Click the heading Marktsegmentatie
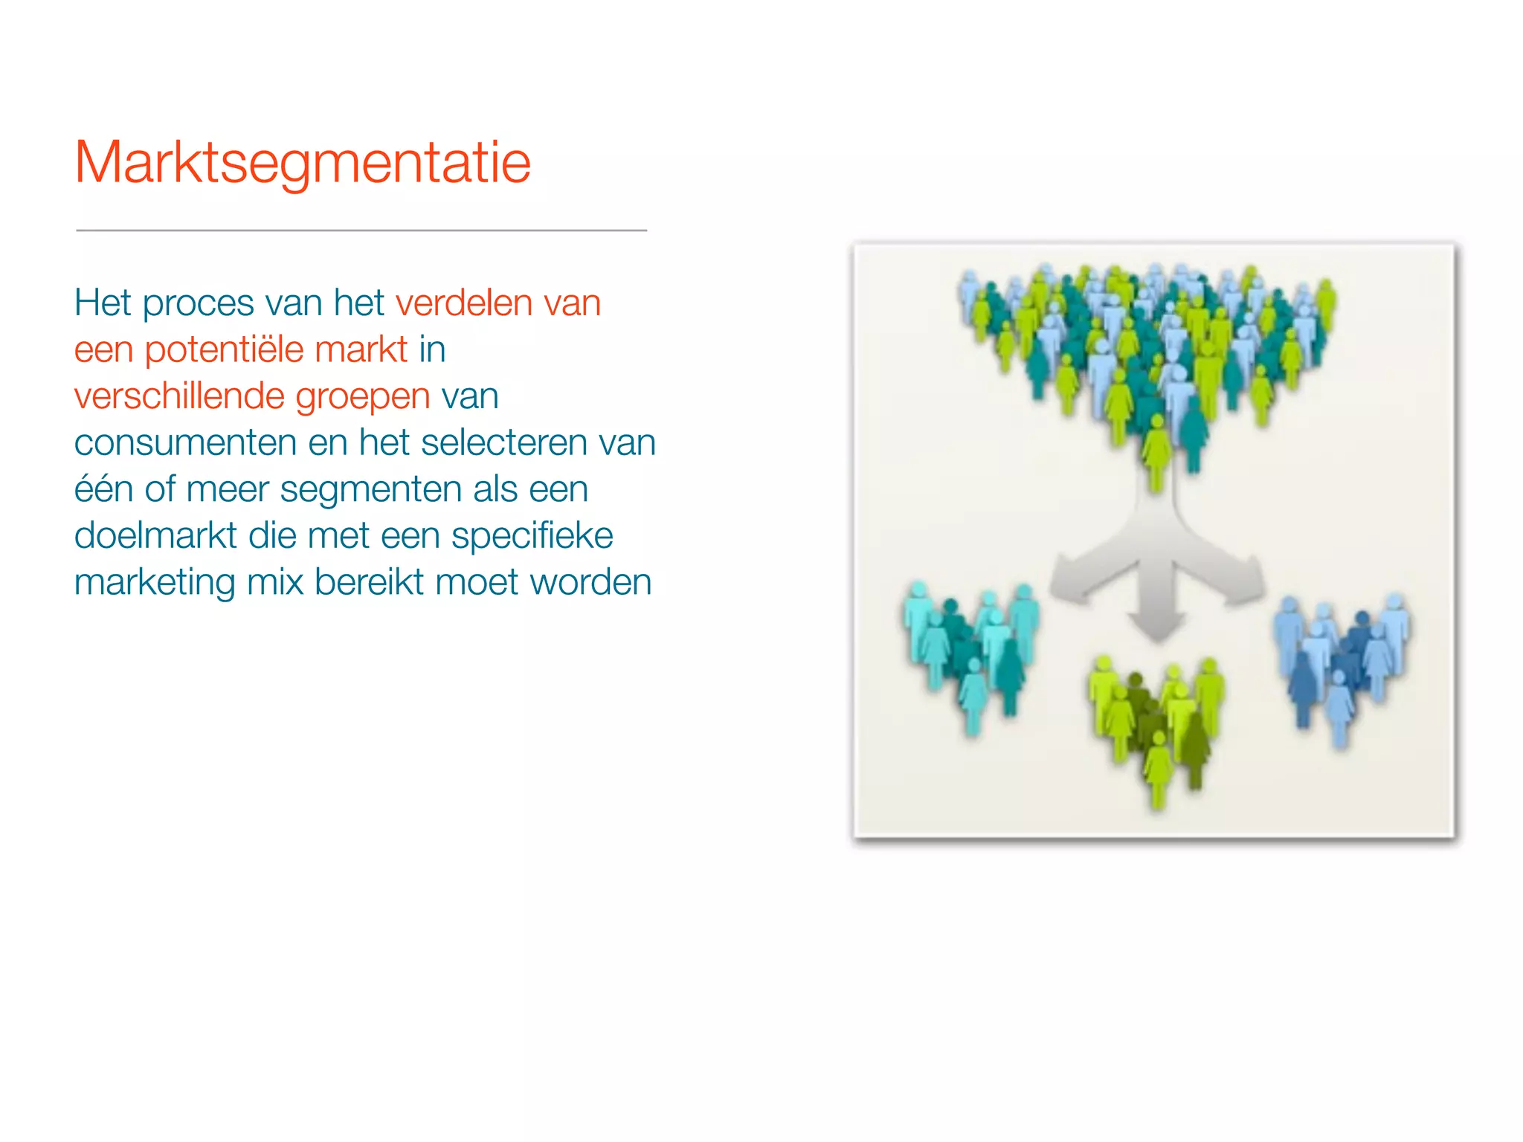(303, 164)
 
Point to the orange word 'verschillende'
(178, 396)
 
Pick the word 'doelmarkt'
(155, 536)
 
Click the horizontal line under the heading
(361, 230)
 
